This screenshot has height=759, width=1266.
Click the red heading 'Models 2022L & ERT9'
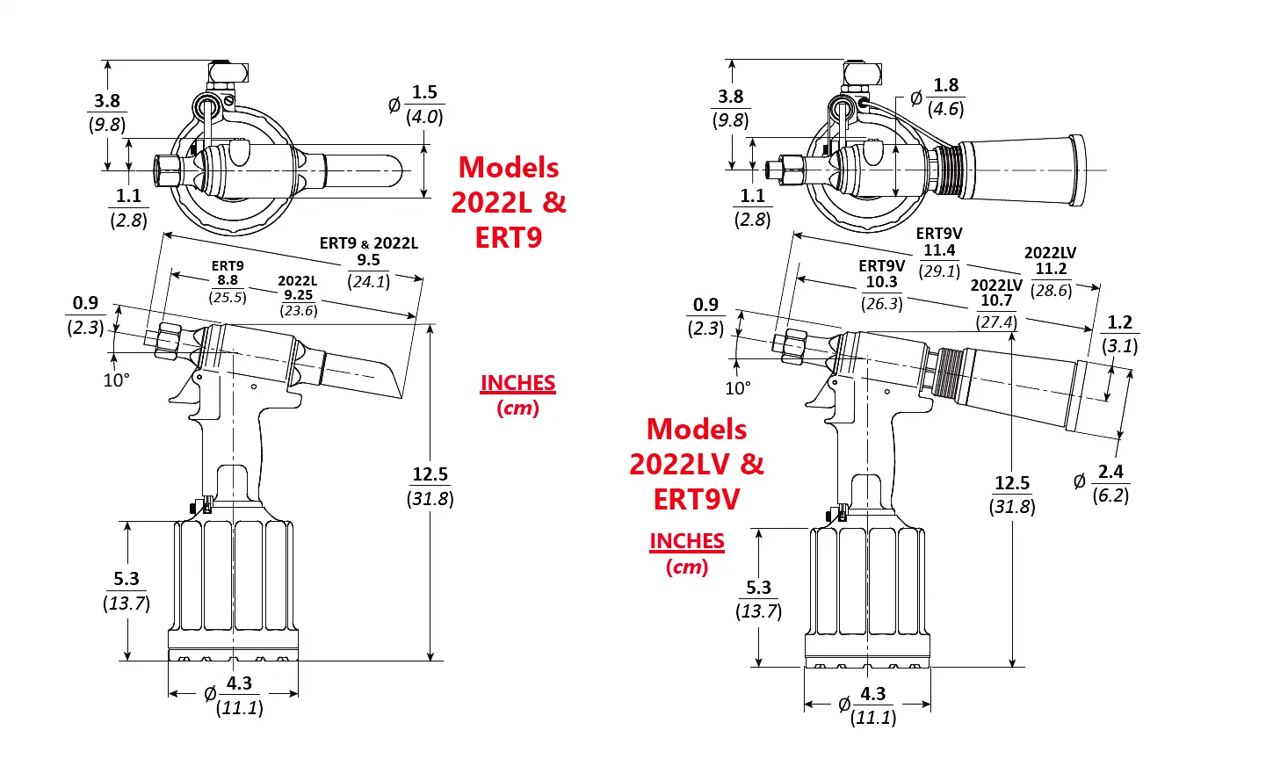[x=509, y=203]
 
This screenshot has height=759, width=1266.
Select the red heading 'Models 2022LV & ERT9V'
[x=697, y=464]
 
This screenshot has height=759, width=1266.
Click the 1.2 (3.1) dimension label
[x=1120, y=334]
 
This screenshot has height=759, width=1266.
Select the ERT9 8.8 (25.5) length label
[x=228, y=281]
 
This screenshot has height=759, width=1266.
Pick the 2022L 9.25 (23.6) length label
[x=298, y=296]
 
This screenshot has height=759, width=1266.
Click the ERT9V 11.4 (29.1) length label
[x=939, y=252]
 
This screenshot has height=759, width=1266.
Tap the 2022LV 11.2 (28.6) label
[x=1051, y=271]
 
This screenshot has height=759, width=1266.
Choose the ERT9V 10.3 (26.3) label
[x=881, y=285]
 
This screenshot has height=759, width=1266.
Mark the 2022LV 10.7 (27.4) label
[x=996, y=304]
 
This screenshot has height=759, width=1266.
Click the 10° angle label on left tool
[x=116, y=380]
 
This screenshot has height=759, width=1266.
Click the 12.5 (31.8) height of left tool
[x=430, y=487]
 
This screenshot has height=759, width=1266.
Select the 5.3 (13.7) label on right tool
[x=758, y=599]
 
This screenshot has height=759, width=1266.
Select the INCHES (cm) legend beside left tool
[x=517, y=395]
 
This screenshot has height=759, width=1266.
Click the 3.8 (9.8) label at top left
[x=107, y=112]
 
